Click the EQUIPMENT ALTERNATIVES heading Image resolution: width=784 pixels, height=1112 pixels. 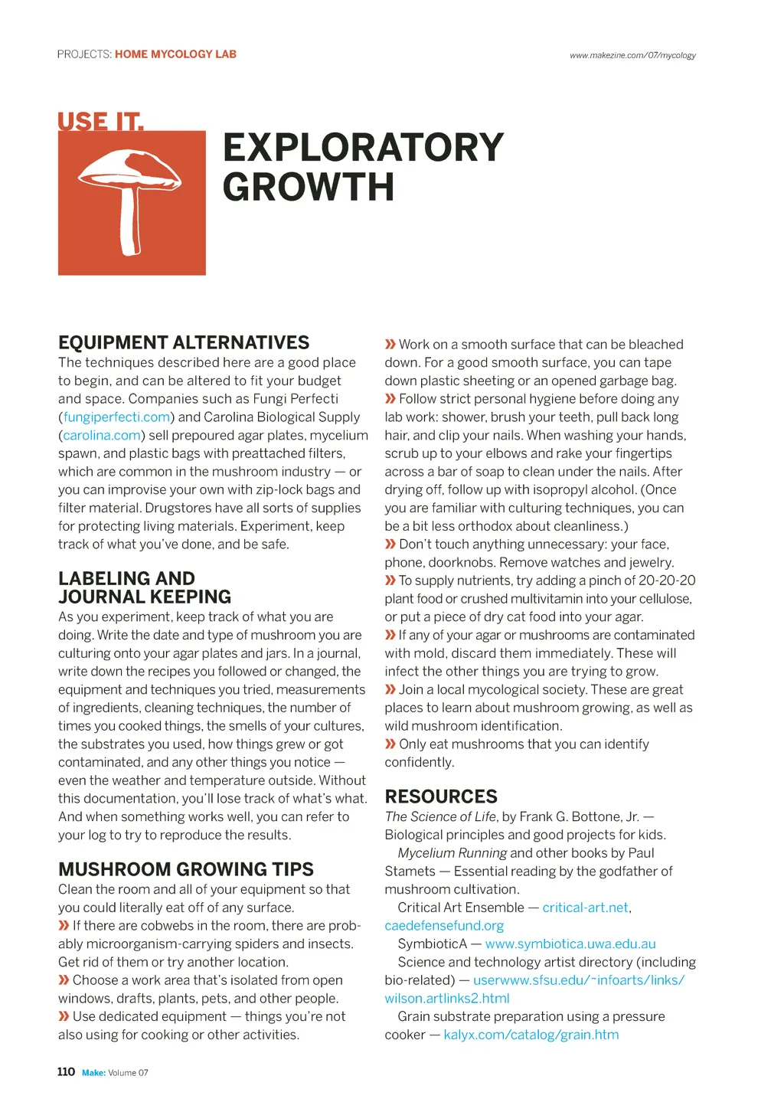[x=184, y=342]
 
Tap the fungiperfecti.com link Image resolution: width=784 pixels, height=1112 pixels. [x=116, y=417]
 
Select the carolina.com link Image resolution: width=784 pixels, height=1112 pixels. [x=102, y=436]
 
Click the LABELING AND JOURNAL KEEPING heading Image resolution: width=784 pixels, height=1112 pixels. [x=144, y=587]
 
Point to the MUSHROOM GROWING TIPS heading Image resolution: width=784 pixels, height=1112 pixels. [x=186, y=869]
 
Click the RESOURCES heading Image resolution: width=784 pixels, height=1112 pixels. [x=441, y=796]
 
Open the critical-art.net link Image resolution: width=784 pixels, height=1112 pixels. [x=586, y=908]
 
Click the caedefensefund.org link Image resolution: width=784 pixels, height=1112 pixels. [x=444, y=926]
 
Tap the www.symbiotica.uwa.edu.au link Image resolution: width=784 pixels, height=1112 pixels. [x=570, y=944]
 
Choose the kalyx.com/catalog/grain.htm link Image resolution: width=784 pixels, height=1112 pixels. [x=531, y=1035]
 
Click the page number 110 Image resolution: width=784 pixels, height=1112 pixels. [x=66, y=1072]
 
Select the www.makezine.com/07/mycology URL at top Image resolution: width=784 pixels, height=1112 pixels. [x=632, y=55]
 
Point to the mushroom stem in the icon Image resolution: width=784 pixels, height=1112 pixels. [x=131, y=226]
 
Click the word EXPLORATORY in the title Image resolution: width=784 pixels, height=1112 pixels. [x=363, y=148]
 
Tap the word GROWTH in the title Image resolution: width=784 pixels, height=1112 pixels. [x=309, y=188]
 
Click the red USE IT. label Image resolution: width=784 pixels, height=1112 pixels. [x=100, y=122]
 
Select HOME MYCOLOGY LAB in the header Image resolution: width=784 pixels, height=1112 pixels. [x=175, y=54]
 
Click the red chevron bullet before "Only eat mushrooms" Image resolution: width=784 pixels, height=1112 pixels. [x=390, y=744]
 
